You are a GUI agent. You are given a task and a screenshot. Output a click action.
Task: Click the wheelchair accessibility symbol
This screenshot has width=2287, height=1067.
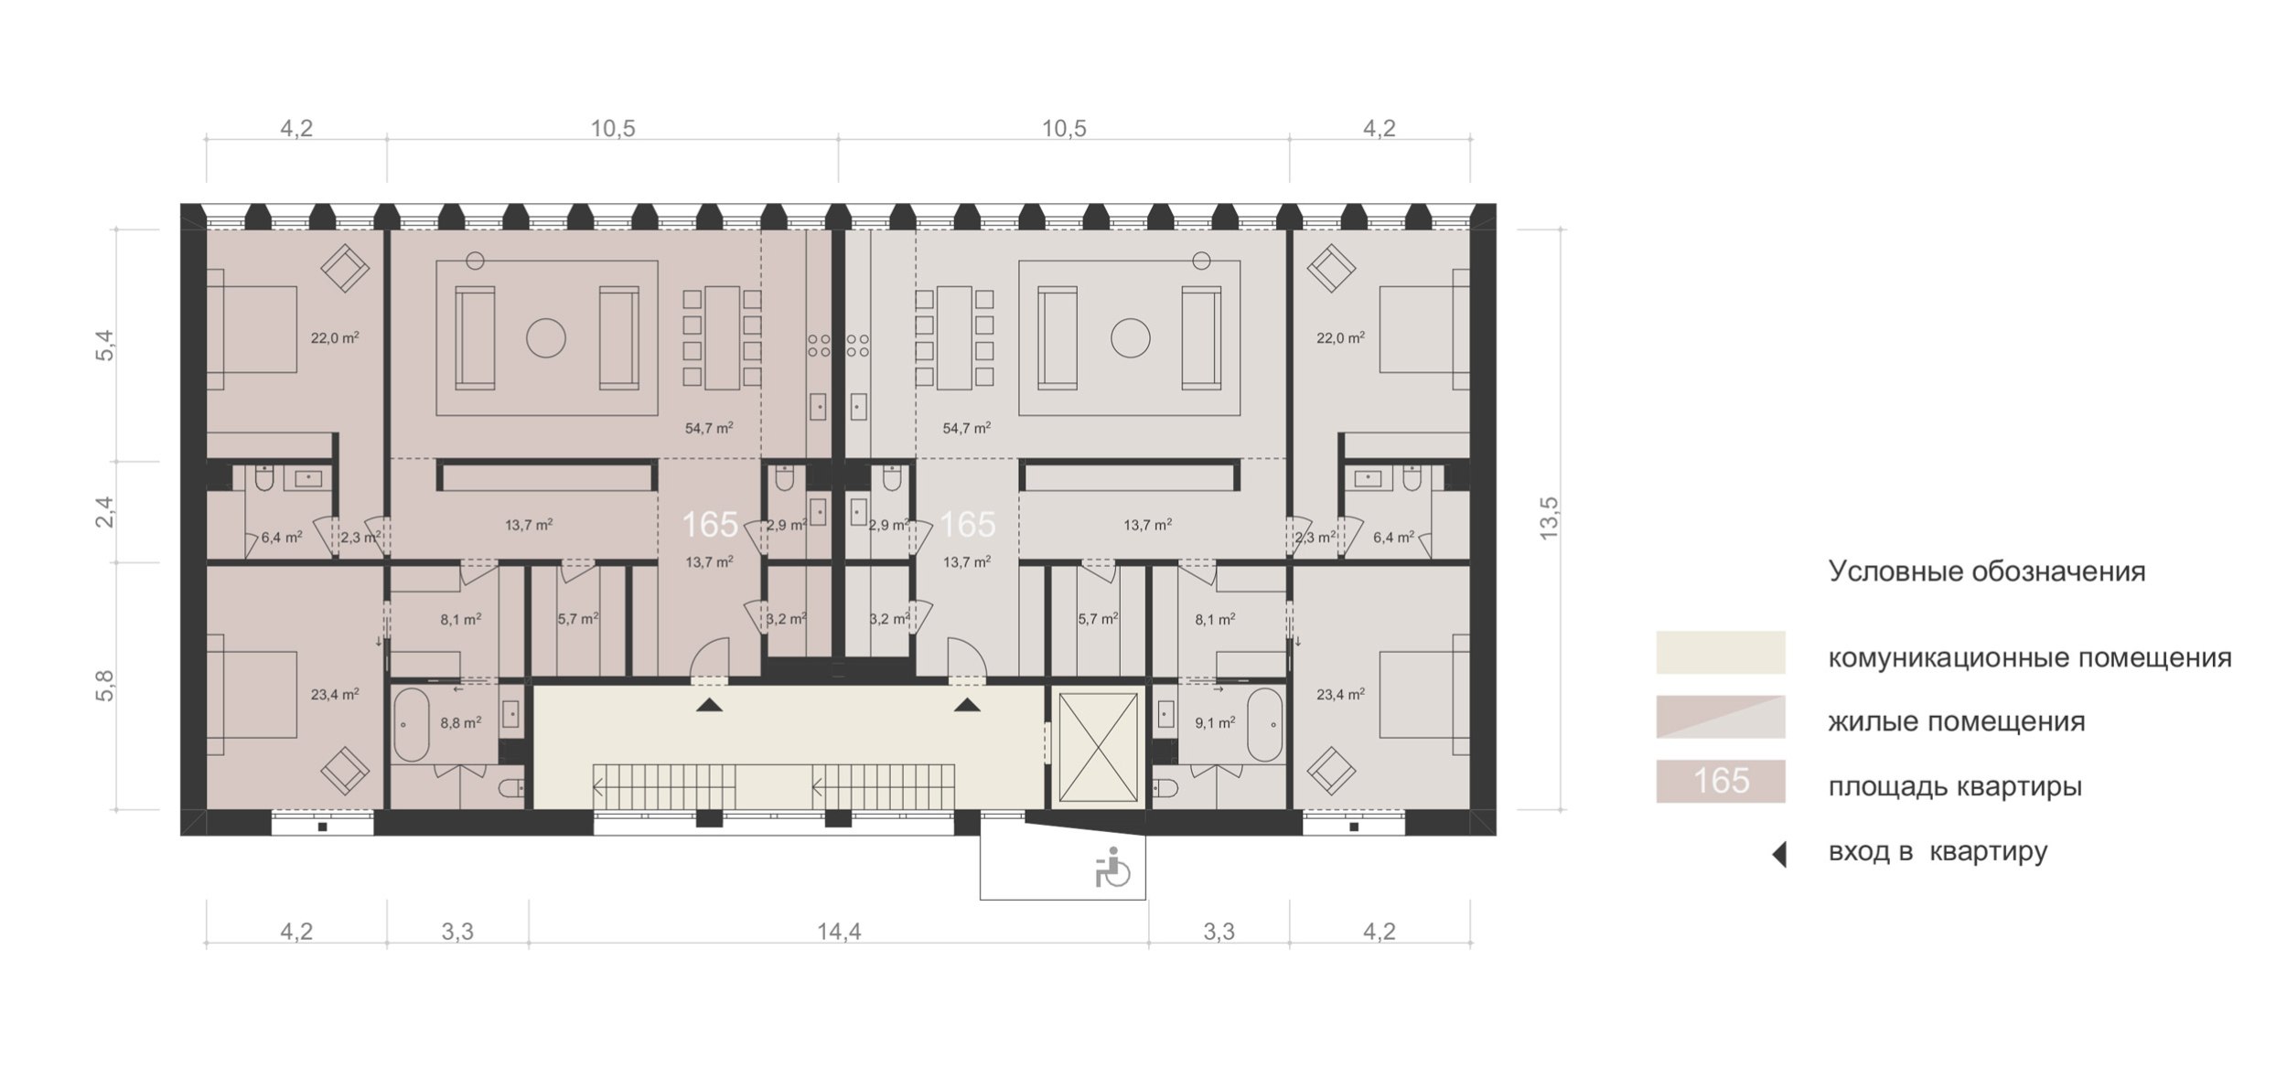[1111, 868]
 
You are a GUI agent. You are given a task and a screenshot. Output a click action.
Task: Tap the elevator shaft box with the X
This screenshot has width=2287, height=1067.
[1098, 747]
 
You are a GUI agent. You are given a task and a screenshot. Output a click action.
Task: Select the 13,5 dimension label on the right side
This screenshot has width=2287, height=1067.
[1548, 518]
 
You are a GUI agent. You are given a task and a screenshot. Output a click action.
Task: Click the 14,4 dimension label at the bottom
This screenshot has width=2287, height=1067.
[839, 932]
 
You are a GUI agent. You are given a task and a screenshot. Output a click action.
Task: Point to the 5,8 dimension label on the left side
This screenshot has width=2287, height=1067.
[105, 686]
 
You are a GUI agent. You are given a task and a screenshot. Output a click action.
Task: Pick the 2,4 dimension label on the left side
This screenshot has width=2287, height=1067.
[105, 511]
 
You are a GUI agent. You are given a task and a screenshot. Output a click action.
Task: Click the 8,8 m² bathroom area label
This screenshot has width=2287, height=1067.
[460, 722]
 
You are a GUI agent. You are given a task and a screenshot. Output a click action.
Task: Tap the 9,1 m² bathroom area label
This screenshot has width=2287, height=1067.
[1215, 721]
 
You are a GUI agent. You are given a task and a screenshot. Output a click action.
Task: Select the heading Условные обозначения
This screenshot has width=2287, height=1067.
[1986, 571]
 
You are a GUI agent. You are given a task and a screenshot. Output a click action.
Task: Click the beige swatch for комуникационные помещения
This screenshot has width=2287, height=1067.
[1720, 653]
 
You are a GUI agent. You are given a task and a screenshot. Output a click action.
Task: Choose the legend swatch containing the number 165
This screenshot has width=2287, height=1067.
[1720, 781]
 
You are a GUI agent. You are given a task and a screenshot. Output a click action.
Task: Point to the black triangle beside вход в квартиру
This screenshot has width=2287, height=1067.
[1779, 855]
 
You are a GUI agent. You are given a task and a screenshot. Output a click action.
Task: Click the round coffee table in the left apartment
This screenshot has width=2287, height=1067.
[546, 338]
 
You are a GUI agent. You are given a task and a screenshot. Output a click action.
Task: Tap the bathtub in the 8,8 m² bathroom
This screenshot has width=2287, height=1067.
[412, 724]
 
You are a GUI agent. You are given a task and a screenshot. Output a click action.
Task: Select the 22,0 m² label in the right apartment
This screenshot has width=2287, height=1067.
[1340, 337]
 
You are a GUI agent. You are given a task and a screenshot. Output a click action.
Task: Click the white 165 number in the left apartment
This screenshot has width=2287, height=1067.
[710, 525]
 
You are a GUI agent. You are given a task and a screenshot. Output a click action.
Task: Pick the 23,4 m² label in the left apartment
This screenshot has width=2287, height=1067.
[334, 694]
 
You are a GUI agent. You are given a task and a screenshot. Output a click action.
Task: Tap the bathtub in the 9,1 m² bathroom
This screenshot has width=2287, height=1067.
[1265, 724]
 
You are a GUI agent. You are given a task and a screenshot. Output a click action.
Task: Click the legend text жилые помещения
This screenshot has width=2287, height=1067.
[1957, 721]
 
